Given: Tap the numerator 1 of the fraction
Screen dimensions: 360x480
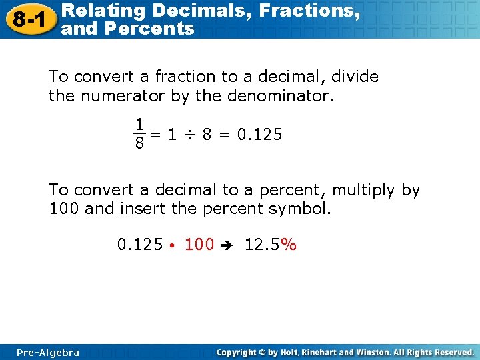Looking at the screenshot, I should click(x=139, y=124).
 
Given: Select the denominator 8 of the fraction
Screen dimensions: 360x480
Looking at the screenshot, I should click(x=139, y=143).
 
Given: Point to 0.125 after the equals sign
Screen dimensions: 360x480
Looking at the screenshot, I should click(x=260, y=135).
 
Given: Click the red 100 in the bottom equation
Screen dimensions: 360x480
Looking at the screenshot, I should click(x=199, y=245).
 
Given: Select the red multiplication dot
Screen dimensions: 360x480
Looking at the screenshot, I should click(x=172, y=246).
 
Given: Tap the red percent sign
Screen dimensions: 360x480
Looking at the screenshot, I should click(x=289, y=245).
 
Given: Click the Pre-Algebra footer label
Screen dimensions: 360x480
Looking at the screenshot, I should click(x=48, y=352).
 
